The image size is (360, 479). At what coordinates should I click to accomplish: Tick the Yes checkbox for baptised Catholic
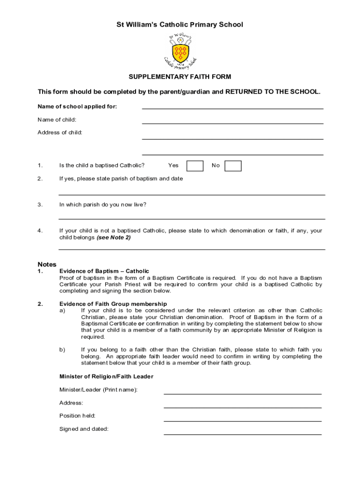194,166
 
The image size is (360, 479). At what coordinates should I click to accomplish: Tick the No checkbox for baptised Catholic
233,166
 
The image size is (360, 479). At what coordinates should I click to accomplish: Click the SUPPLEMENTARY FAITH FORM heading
180,77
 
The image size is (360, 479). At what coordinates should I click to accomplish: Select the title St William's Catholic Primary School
180,24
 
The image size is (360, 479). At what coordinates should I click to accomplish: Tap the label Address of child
60,132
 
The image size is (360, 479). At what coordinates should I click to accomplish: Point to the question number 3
40,204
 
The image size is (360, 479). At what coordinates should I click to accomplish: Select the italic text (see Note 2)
114,238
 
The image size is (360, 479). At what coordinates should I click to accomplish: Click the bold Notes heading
47,264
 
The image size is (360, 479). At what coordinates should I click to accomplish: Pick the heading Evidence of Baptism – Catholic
104,271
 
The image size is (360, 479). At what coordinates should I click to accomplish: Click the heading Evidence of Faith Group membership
113,304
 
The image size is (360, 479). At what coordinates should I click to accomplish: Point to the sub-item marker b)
62,349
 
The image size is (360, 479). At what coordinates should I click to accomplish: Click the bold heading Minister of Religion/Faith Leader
106,377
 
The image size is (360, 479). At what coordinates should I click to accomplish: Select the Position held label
77,416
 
